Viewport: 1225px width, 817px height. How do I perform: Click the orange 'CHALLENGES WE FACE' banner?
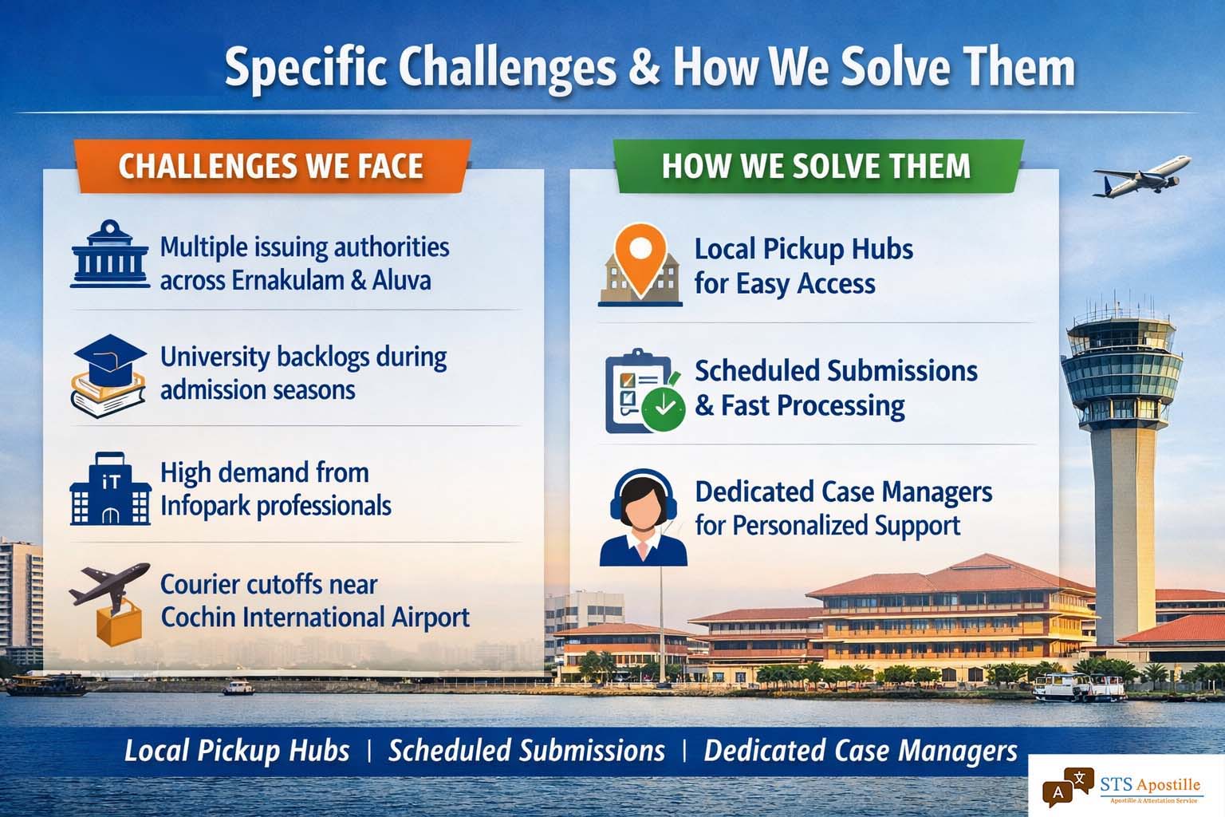[272, 166]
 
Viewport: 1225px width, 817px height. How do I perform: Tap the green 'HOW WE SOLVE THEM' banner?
[818, 166]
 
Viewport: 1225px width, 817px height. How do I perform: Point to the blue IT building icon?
[111, 488]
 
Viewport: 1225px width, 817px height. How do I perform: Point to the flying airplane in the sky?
[1142, 176]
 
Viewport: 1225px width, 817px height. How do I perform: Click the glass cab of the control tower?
[1121, 371]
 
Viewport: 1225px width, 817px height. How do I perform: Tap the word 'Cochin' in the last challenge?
[198, 618]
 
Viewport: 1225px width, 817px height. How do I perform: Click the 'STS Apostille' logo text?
[1150, 785]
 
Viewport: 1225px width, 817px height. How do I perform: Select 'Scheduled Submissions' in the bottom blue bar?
[526, 750]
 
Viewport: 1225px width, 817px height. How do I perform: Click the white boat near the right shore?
[1079, 687]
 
